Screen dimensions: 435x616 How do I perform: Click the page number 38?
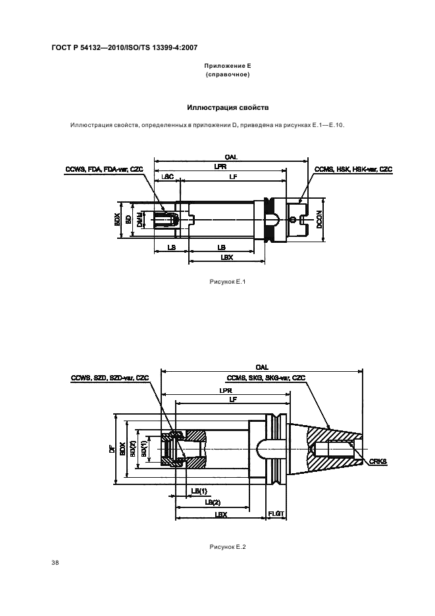(x=55, y=563)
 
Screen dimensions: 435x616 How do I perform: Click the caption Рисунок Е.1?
(x=228, y=281)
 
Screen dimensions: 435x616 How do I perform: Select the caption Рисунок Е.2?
(x=228, y=546)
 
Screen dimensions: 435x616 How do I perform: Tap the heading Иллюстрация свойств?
(x=228, y=107)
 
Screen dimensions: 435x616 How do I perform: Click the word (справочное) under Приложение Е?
(x=228, y=74)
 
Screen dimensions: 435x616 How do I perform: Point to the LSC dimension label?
(x=167, y=177)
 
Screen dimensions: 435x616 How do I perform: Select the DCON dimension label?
(x=319, y=220)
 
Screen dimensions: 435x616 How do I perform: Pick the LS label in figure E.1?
(x=171, y=247)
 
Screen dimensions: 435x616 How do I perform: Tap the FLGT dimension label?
(x=276, y=514)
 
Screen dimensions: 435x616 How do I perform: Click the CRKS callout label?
(x=378, y=461)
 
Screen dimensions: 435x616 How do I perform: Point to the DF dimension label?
(x=112, y=448)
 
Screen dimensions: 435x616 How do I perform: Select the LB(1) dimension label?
(x=199, y=491)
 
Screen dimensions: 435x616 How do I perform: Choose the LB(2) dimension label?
(x=213, y=502)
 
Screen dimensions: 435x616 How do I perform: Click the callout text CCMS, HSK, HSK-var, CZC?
(x=353, y=169)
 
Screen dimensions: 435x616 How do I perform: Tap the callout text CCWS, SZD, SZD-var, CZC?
(x=110, y=378)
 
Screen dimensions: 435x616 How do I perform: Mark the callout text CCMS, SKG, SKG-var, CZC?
(x=266, y=378)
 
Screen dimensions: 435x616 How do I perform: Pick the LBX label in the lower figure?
(x=221, y=514)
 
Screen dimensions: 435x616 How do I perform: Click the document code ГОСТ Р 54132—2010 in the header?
(x=103, y=48)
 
